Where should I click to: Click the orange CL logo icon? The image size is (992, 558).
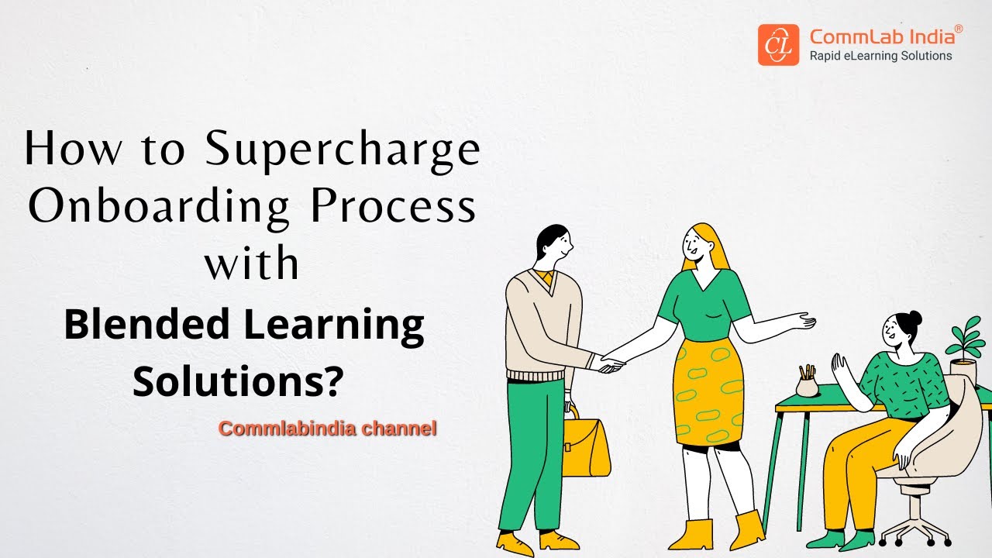[x=778, y=45]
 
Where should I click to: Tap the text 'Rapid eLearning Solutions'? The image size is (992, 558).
[x=880, y=56]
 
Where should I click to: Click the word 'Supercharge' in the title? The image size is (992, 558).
[x=343, y=150]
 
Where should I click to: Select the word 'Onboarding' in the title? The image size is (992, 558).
[x=159, y=207]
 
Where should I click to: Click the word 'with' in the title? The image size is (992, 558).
[x=252, y=263]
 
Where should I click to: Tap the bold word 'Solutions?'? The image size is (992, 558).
[x=238, y=381]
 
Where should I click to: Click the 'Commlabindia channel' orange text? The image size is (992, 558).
[x=328, y=428]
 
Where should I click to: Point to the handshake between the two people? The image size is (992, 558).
[x=609, y=363]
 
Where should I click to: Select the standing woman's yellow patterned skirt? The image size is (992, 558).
[x=708, y=391]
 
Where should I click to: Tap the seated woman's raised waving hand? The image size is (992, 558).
[x=839, y=363]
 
